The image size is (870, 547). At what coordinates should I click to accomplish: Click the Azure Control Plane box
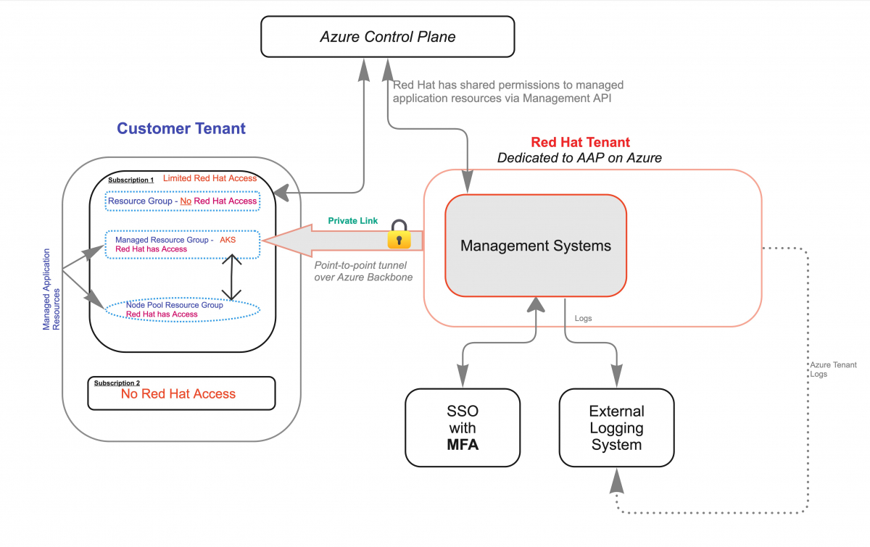[387, 36]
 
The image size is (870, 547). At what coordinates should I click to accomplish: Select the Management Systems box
[536, 246]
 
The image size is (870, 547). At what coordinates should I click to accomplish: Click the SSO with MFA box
[463, 427]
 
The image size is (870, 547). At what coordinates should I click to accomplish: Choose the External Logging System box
[616, 427]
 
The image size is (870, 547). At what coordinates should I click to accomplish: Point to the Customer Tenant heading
[181, 129]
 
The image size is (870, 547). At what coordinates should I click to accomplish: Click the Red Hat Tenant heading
[580, 143]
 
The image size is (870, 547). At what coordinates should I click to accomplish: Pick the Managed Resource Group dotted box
[182, 244]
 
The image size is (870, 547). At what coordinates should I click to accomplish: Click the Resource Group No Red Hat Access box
[182, 201]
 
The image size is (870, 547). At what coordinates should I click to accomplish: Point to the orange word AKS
[228, 240]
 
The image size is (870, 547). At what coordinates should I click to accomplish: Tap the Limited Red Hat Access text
[210, 179]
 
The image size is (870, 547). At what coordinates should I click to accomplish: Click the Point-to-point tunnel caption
[362, 271]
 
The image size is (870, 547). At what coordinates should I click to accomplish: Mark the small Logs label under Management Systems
[582, 318]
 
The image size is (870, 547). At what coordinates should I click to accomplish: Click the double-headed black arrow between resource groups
[231, 276]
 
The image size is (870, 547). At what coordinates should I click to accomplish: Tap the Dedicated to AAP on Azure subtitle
[579, 158]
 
